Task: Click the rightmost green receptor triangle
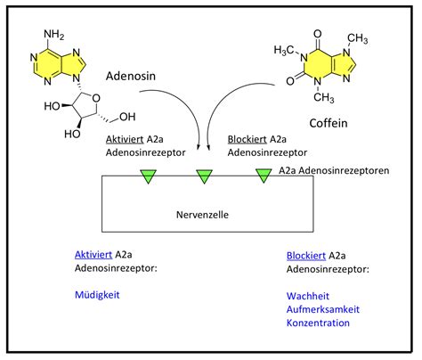[x=264, y=176]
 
